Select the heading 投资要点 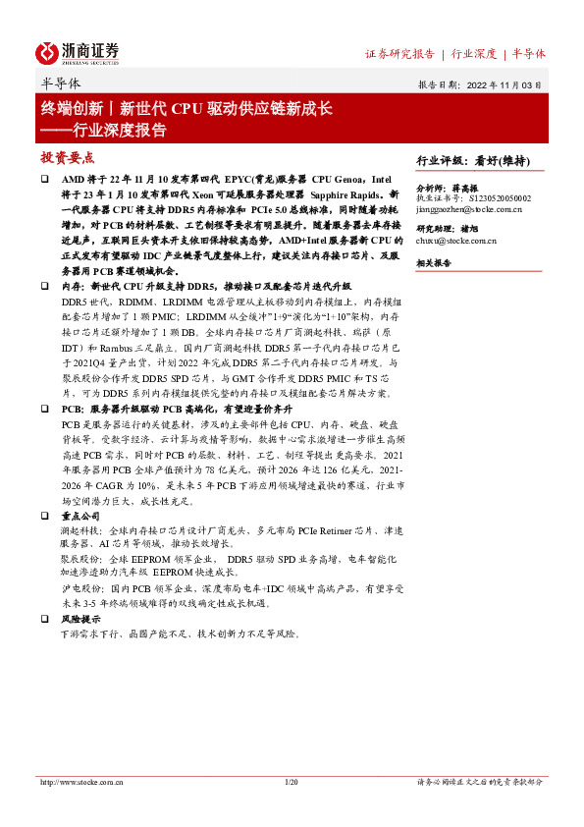(x=66, y=157)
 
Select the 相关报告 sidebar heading (x=433, y=264)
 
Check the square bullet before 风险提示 (x=44, y=620)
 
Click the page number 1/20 (x=291, y=782)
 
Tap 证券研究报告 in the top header (x=399, y=53)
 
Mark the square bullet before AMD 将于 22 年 (x=44, y=181)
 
